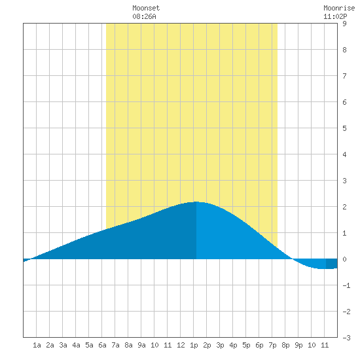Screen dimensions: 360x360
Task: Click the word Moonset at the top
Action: (x=146, y=8)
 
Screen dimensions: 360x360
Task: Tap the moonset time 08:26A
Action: (x=144, y=16)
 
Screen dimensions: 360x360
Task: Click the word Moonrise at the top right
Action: (x=339, y=8)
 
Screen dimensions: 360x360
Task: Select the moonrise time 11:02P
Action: (x=335, y=16)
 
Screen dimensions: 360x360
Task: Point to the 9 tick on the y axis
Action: (x=344, y=24)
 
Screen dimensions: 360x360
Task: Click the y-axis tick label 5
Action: (x=344, y=128)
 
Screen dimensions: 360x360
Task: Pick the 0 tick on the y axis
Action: (x=344, y=259)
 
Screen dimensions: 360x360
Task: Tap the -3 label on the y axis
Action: (x=346, y=338)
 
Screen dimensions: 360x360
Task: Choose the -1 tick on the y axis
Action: (x=346, y=285)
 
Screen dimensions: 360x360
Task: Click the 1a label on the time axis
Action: (x=37, y=345)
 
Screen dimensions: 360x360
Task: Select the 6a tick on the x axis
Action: (x=102, y=345)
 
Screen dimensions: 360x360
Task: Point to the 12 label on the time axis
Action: (x=181, y=345)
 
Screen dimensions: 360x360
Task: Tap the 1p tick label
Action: (x=194, y=345)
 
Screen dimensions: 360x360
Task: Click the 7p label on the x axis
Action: (x=272, y=345)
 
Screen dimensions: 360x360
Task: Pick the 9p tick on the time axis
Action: (x=298, y=345)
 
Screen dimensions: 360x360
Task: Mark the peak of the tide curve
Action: (x=196, y=202)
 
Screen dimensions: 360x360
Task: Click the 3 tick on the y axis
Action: (x=344, y=181)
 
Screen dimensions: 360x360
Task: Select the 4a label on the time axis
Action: (x=76, y=345)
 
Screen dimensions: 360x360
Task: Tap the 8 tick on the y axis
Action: (x=344, y=50)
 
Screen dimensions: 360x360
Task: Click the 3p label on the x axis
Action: (x=220, y=345)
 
